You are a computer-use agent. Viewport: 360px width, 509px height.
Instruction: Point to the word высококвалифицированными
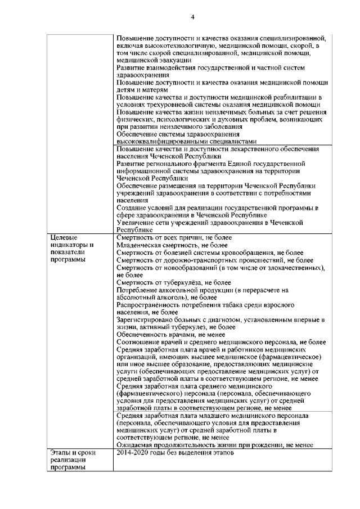click(162, 142)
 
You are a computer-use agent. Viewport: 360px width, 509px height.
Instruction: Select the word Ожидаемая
click(136, 444)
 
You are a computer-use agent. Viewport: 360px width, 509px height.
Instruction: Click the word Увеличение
click(136, 223)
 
